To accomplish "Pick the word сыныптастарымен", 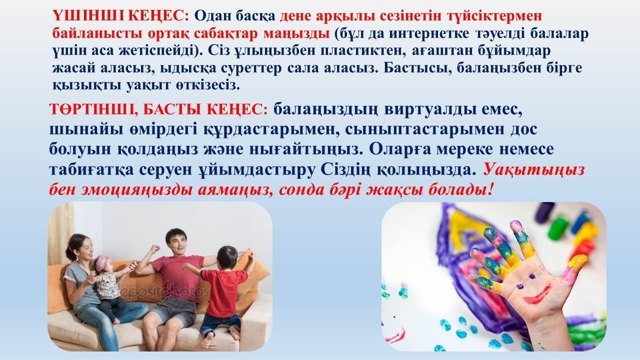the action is click(425, 129).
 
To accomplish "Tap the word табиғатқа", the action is click(91, 169).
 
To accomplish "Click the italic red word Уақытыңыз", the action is click(533, 170).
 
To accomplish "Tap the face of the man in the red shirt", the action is click(177, 243).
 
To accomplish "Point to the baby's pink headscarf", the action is click(102, 263).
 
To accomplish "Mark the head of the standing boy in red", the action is click(227, 258).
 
